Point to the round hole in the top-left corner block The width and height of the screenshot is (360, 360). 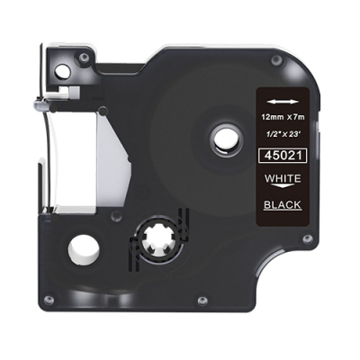pos(62,70)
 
